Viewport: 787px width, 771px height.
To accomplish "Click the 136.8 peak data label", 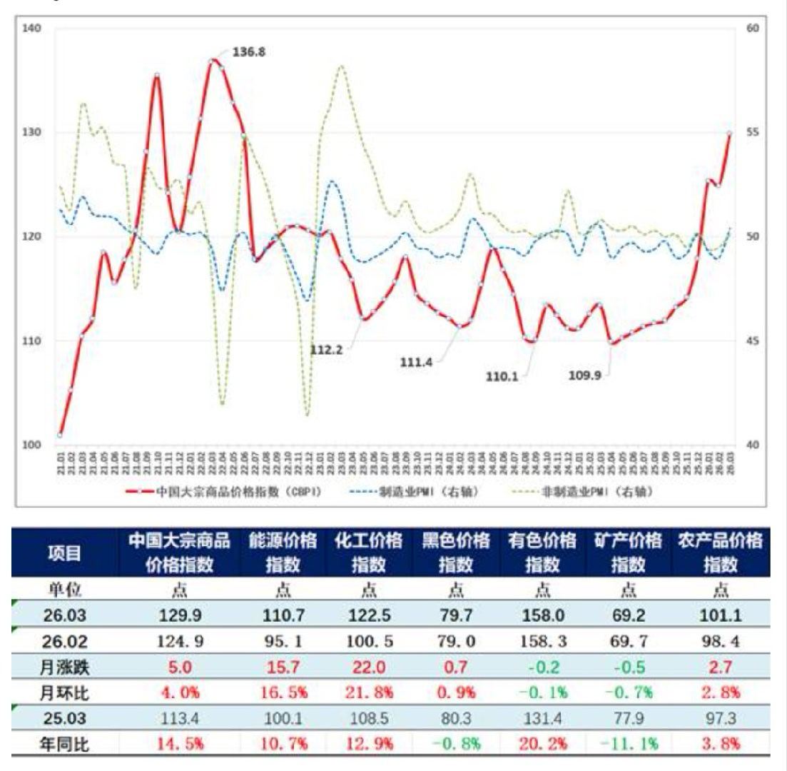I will pos(248,52).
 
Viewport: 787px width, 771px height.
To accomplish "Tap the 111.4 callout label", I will pos(416,363).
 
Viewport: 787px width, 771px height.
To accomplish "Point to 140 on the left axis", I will pos(33,28).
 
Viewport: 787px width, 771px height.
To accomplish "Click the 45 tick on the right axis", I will pos(753,341).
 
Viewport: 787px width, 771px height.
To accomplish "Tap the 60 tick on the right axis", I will pos(753,28).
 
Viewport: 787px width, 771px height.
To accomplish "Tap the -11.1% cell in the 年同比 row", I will pos(629,743).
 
